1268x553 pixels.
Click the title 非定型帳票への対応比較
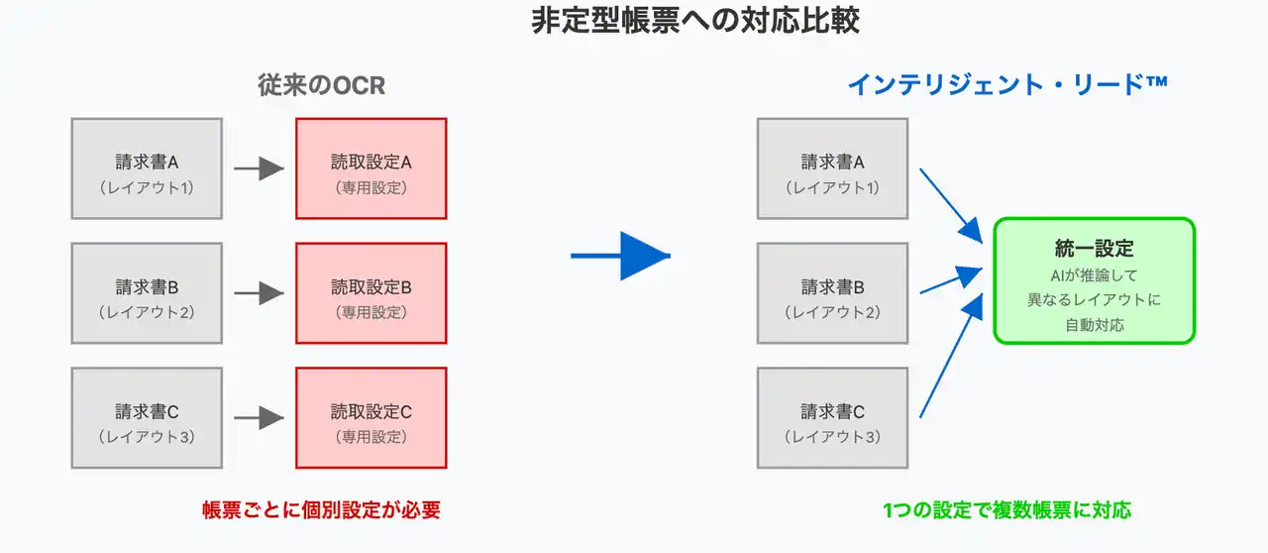point(695,21)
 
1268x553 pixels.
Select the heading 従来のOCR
point(322,85)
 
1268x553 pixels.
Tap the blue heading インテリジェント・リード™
point(1007,85)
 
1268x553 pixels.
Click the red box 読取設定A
point(371,168)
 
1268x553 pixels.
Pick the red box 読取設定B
point(371,293)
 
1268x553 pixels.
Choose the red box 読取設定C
point(371,417)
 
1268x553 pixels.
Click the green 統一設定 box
point(1095,281)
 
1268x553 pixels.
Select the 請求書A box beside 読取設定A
point(147,168)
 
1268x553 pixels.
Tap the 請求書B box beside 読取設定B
point(147,293)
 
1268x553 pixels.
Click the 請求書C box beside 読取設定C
point(147,417)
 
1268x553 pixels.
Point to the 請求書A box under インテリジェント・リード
point(833,168)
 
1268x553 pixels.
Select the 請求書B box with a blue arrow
point(833,293)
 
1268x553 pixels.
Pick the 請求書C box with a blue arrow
point(833,417)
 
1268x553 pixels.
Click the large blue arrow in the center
point(620,256)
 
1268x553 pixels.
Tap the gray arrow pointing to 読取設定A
point(259,168)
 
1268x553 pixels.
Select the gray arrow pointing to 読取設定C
point(259,417)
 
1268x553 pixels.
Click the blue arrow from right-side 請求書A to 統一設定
point(951,206)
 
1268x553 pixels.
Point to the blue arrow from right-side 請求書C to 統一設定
point(951,356)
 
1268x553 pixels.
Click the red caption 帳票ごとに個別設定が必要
point(322,510)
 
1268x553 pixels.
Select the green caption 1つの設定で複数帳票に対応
point(1007,510)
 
